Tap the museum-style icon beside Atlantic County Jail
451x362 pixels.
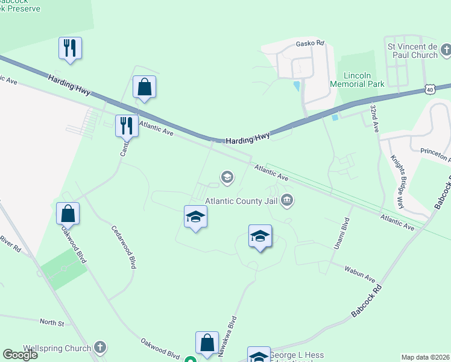pyautogui.click(x=288, y=200)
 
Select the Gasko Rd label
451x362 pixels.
pyautogui.click(x=310, y=43)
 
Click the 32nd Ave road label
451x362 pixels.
pyautogui.click(x=374, y=118)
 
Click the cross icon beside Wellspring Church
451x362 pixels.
pyautogui.click(x=100, y=348)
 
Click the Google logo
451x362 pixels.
pyautogui.click(x=20, y=355)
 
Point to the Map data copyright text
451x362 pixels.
pyautogui.click(x=426, y=357)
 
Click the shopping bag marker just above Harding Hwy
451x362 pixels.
pyautogui.click(x=145, y=87)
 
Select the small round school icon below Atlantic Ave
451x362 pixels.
pyautogui.click(x=227, y=177)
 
